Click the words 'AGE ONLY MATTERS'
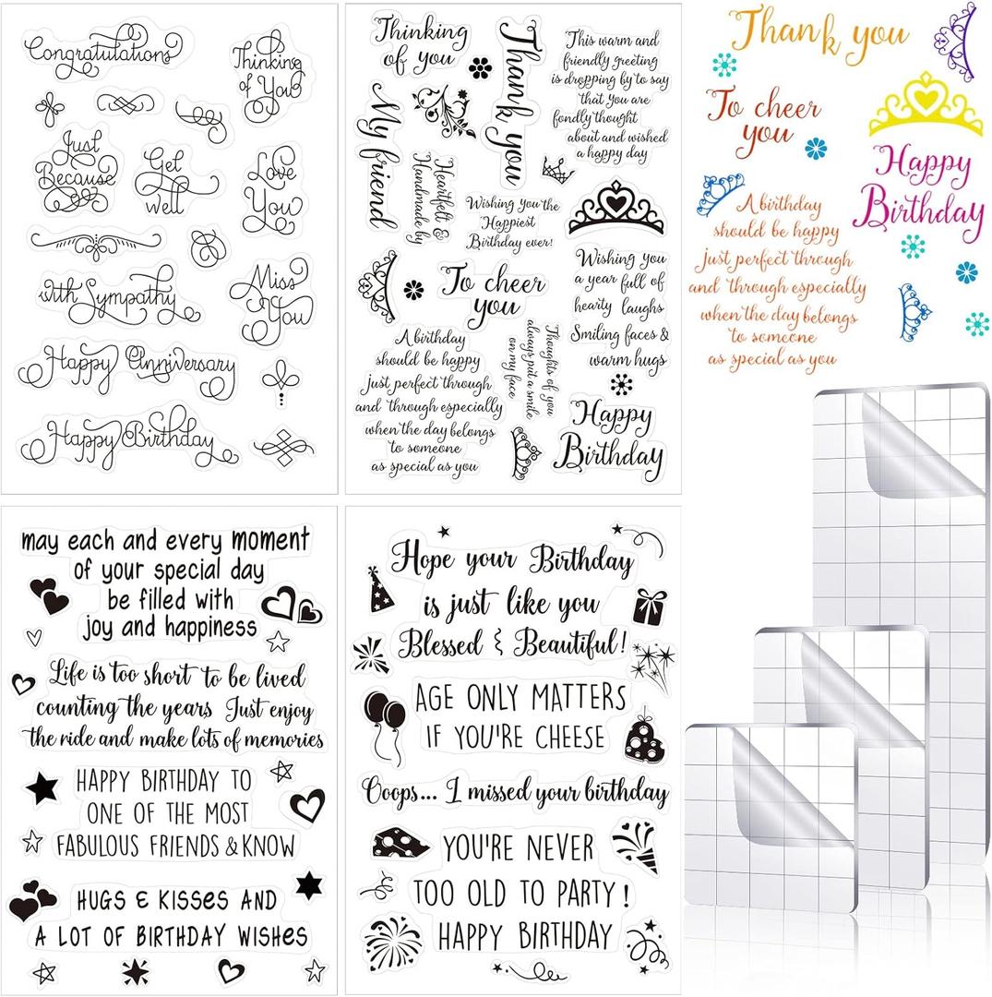tap(520, 698)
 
